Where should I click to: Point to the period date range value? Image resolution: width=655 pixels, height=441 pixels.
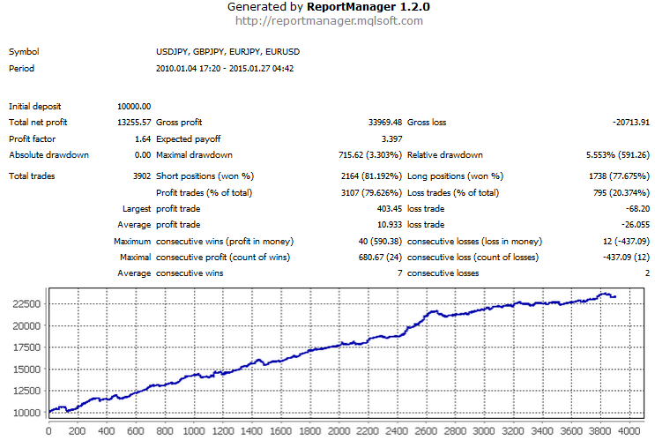click(x=225, y=69)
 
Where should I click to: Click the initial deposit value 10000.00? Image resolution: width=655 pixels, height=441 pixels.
click(x=133, y=106)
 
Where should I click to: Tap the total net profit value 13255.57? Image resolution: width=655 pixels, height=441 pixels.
click(x=133, y=123)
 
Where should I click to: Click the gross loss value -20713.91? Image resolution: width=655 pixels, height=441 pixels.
click(x=625, y=123)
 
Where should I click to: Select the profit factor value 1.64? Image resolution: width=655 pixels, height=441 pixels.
click(x=142, y=139)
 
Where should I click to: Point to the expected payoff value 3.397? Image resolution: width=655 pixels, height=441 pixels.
click(x=391, y=139)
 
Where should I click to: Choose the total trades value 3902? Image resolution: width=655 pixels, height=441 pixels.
click(x=138, y=176)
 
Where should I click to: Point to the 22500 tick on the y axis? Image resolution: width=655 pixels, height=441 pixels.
click(x=24, y=303)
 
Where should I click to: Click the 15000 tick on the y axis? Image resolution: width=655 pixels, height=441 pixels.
click(x=24, y=370)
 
